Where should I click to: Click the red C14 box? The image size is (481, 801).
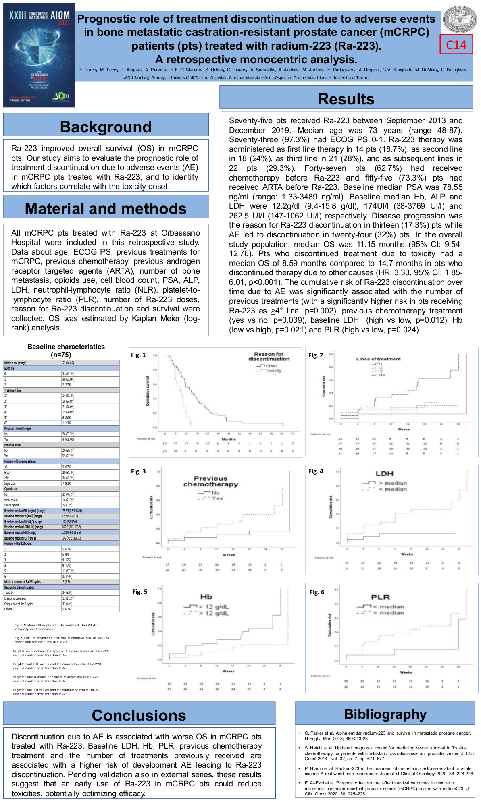tap(456, 45)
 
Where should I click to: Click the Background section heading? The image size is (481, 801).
tap(106, 127)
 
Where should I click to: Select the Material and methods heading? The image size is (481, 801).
tap(106, 208)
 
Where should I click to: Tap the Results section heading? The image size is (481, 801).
tap(346, 99)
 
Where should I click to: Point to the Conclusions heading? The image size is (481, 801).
tap(139, 715)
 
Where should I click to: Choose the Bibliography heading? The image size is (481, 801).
tap(385, 714)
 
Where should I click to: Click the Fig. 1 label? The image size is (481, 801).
tap(138, 355)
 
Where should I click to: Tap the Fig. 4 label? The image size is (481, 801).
tap(316, 471)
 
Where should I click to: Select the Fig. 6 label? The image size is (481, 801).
tap(317, 592)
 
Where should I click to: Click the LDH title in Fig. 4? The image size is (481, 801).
tap(384, 473)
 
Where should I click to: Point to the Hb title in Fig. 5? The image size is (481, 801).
tap(206, 597)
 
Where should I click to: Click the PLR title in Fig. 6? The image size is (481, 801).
tap(380, 597)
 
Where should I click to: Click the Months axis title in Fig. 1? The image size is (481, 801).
tap(229, 439)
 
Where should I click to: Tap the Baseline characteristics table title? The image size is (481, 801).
tap(66, 350)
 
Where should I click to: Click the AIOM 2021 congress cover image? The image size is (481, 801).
tap(39, 55)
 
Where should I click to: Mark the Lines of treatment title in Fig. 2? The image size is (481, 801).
tap(378, 359)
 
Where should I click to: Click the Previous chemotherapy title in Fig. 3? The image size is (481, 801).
tap(210, 481)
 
